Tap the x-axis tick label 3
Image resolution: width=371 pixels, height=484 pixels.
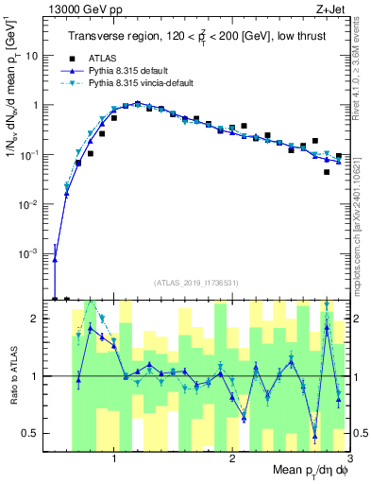click(348, 458)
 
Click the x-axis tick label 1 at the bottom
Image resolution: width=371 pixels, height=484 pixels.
click(115, 458)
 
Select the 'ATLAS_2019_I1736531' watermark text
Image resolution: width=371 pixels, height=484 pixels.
click(195, 282)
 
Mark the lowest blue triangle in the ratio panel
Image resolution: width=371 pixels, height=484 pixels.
click(315, 436)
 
